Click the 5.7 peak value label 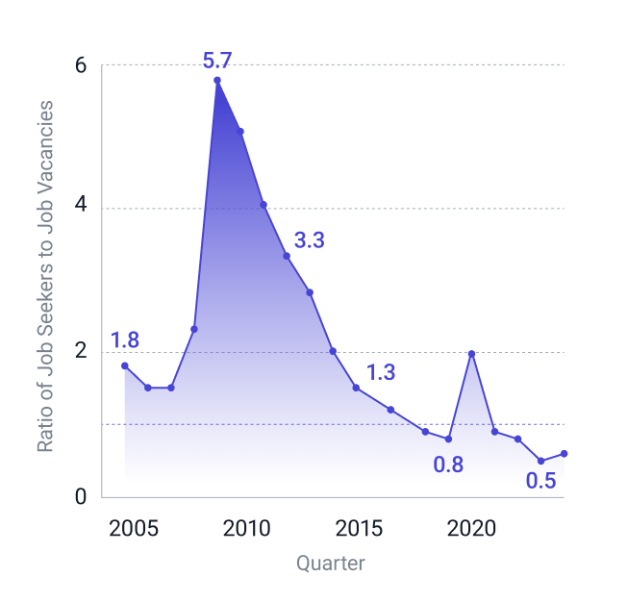point(217,62)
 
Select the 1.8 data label point(125,340)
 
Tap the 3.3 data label point(309,241)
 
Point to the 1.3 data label point(381,373)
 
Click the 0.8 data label point(448,465)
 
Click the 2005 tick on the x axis point(133,528)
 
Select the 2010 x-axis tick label point(245,528)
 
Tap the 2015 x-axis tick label point(358,528)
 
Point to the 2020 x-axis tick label point(471,528)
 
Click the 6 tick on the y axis point(81,65)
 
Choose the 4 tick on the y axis point(81,209)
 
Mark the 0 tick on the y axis point(81,497)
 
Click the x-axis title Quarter point(330,564)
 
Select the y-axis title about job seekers point(45,276)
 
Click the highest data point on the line point(217,80)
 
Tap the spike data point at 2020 point(471,353)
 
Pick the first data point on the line point(124,365)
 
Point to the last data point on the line point(564,453)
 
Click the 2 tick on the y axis point(81,352)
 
